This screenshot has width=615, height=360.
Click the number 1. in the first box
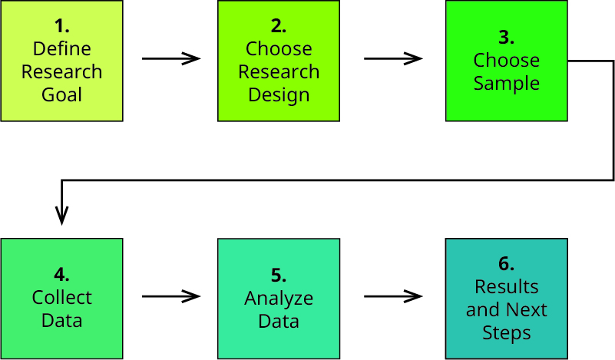tap(62, 26)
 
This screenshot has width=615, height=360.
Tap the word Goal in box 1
tap(62, 94)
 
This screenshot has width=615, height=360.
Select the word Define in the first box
tap(62, 49)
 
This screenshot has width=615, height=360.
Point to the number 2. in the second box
tap(279, 26)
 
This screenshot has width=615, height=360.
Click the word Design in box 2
tap(279, 95)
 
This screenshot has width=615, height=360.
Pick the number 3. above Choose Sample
tap(506, 38)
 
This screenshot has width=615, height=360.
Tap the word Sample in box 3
tap(506, 84)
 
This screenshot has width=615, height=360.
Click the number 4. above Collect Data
tap(62, 275)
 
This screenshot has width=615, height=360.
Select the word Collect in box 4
tap(62, 298)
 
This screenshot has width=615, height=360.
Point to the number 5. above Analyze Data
tap(279, 276)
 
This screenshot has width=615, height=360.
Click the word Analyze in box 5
tap(279, 299)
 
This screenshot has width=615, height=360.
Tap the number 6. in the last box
tap(506, 263)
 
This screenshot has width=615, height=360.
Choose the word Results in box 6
tap(506, 286)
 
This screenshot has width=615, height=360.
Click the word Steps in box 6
tap(506, 333)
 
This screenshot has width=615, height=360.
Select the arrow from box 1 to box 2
tap(171, 58)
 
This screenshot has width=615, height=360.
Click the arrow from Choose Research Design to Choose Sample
tap(393, 58)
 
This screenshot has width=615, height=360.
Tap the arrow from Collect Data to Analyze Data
tap(171, 296)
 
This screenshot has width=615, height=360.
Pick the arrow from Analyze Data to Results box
tap(393, 296)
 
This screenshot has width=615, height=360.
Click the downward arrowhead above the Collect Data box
tap(62, 216)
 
